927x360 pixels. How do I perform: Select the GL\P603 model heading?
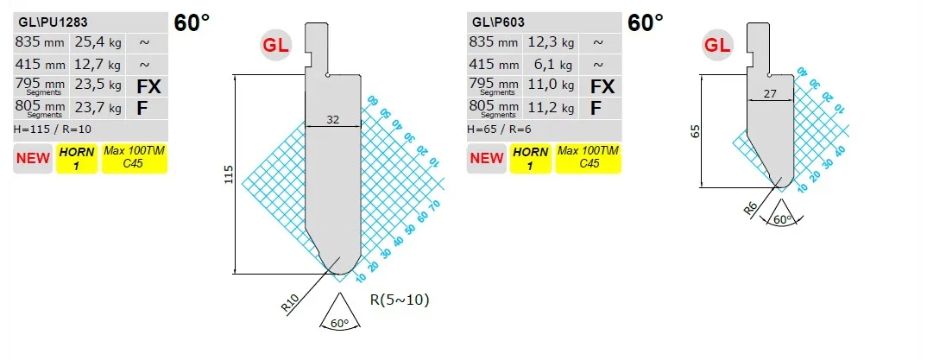[x=498, y=22]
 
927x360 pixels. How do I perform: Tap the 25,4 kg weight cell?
[x=98, y=42]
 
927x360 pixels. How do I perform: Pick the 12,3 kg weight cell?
[x=552, y=42]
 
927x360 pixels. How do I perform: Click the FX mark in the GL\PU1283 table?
[x=148, y=86]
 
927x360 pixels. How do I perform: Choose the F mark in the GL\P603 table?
[x=596, y=108]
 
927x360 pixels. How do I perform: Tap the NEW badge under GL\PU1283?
[x=33, y=159]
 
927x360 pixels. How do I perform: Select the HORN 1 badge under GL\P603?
[x=530, y=159]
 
